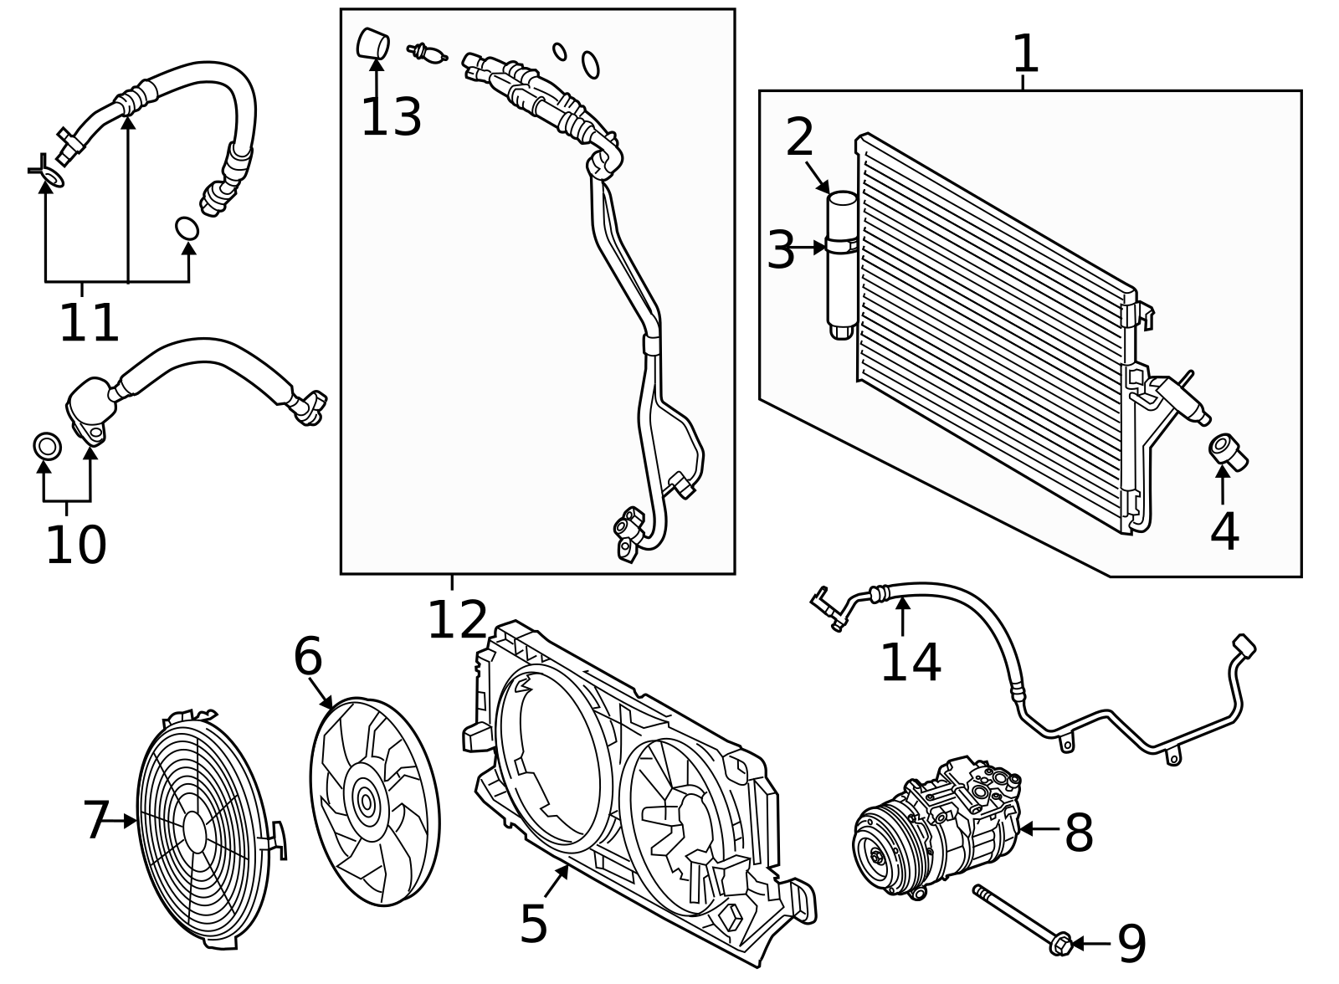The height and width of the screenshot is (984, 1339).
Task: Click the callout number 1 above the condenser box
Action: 1025,54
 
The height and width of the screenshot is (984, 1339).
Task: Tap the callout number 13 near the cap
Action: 391,117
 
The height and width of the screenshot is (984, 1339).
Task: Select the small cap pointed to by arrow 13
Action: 373,44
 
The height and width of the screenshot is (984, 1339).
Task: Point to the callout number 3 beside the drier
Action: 781,250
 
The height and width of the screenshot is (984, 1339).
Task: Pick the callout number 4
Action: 1224,531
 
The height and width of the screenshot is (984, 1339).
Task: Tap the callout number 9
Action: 1131,944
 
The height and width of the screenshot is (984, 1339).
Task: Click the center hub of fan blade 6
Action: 366,802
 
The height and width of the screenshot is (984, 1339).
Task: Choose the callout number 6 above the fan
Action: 307,657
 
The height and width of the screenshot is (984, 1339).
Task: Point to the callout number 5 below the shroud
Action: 534,924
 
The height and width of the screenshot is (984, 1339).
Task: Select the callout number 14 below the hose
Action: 911,663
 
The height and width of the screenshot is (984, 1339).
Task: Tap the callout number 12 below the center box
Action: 457,621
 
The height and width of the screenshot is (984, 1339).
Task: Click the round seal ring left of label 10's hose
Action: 47,447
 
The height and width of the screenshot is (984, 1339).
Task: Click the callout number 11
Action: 89,323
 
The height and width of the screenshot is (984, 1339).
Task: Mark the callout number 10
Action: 75,546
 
